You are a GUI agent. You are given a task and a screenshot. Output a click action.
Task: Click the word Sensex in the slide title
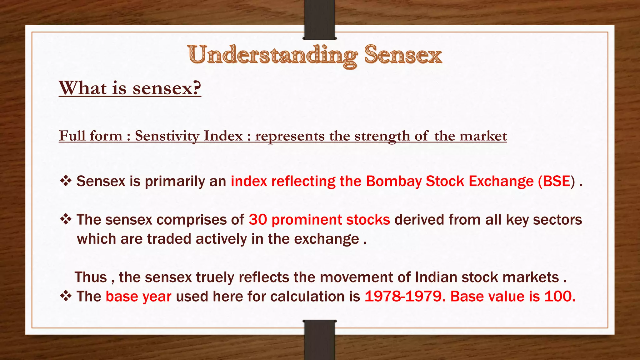(x=403, y=55)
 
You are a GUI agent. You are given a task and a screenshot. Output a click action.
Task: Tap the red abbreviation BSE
(x=557, y=181)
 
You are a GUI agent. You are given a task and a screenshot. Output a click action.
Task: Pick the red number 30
(x=258, y=220)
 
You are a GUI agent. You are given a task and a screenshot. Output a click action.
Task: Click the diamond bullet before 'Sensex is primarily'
(x=66, y=181)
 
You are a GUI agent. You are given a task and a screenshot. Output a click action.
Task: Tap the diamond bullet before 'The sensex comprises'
(x=66, y=219)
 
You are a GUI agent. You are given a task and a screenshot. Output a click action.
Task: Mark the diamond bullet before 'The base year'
(x=66, y=296)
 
